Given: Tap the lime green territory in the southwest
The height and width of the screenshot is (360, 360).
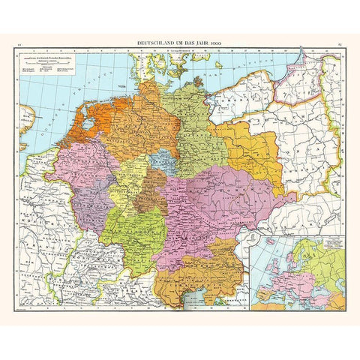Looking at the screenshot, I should (131, 233).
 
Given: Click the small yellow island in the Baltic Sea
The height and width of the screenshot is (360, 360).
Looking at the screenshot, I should (217, 65).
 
